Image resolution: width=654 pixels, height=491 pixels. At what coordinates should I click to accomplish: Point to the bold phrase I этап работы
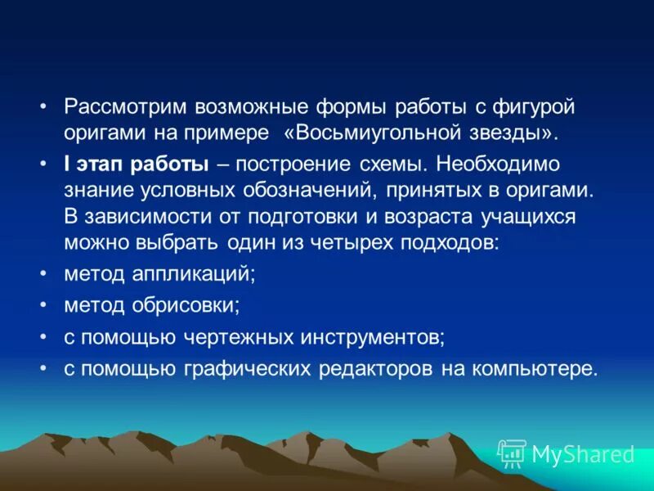136,164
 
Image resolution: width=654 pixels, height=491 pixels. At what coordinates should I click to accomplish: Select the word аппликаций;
194,274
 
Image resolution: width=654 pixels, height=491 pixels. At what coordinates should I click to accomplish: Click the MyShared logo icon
512,453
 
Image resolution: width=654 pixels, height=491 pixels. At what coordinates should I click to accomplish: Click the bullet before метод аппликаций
43,274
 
